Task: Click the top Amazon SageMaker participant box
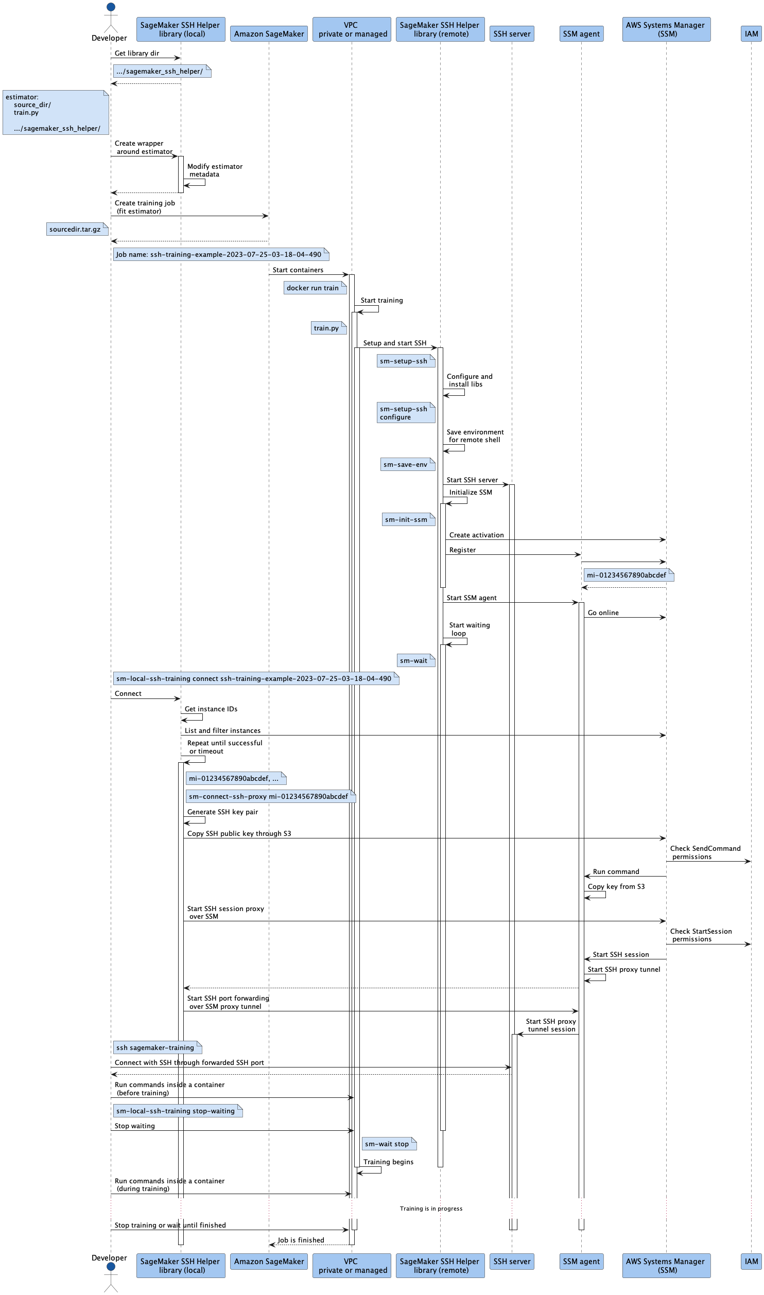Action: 269,34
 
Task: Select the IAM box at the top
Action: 751,34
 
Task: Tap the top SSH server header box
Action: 512,34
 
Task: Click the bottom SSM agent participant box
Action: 581,1261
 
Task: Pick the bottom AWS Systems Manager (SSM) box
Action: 666,1265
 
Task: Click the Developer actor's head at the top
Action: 111,7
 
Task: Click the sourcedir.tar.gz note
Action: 77,229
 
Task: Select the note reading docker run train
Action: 315,288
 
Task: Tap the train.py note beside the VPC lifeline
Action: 328,328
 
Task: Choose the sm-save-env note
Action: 408,464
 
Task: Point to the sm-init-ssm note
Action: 409,519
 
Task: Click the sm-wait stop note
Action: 389,1144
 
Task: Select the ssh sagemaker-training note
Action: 158,1047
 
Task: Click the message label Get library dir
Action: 137,53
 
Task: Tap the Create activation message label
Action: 477,535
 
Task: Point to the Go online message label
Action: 603,612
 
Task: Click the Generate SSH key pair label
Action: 223,812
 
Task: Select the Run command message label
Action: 616,871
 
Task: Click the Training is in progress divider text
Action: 431,1209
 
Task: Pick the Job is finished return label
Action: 301,1240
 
